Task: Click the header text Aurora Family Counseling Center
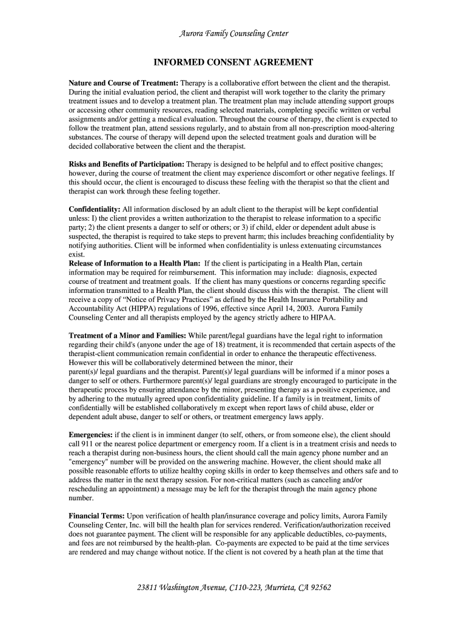tap(233, 34)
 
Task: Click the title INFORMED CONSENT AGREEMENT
tap(233, 62)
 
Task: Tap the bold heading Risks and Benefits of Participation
tap(127, 164)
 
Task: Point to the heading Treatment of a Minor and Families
tap(128, 335)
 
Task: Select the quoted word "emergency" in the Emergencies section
tap(90, 462)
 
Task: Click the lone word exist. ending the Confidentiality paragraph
tap(77, 255)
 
